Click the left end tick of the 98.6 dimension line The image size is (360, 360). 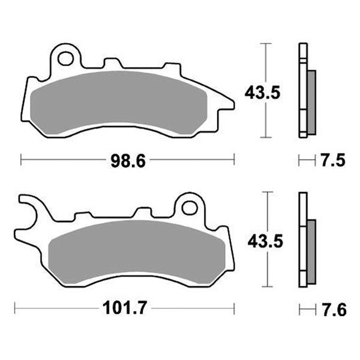tap(22, 160)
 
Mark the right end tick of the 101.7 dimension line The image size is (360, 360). tap(233, 310)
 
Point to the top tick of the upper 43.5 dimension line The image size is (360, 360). tap(266, 44)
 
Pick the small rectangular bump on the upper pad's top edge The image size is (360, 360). tap(112, 62)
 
